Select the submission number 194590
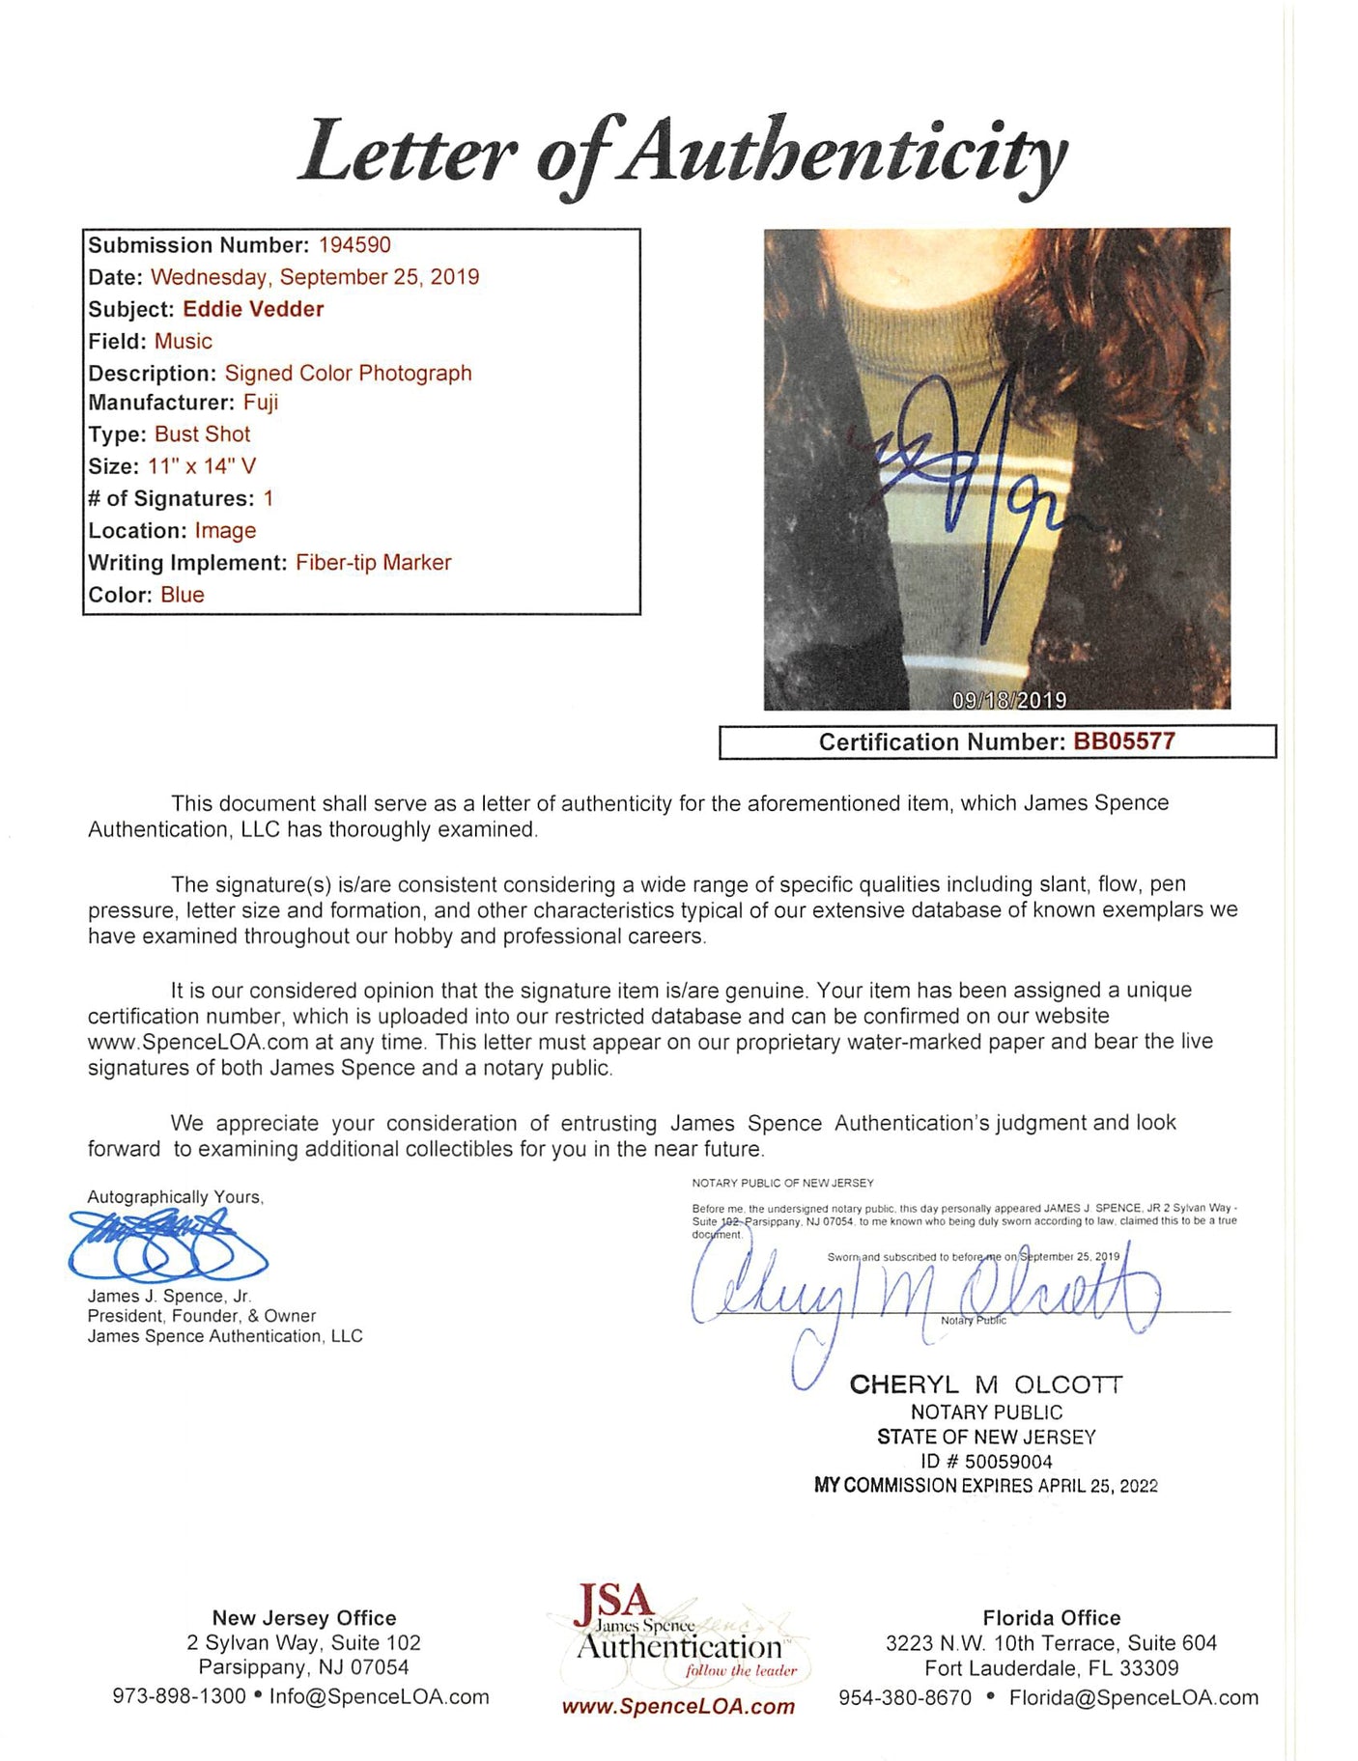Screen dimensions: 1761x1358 coord(354,245)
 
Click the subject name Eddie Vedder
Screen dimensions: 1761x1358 coord(253,309)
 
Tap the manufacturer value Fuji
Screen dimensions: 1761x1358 coord(260,403)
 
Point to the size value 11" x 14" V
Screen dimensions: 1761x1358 coord(202,466)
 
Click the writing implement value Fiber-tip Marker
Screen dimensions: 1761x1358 coord(373,563)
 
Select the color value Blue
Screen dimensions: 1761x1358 coord(183,595)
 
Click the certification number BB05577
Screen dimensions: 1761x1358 coord(1124,741)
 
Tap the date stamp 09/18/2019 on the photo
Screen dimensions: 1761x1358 coord(1008,700)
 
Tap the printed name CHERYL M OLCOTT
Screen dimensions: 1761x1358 coord(986,1384)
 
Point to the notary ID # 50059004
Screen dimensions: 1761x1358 coord(986,1462)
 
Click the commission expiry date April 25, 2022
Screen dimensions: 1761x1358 coord(1097,1486)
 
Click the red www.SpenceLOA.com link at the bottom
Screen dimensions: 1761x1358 coord(678,1707)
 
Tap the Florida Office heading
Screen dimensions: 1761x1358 coord(1051,1618)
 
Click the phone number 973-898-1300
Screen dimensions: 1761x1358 coord(179,1697)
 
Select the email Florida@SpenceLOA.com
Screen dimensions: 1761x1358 coord(1133,1697)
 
